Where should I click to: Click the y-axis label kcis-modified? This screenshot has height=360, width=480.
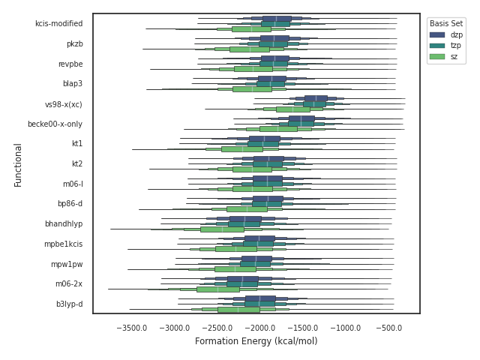(58, 23)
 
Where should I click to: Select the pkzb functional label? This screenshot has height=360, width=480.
(74, 43)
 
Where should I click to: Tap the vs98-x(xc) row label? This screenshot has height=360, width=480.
(64, 103)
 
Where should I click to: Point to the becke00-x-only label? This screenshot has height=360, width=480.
(55, 124)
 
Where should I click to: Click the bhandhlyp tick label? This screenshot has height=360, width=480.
(63, 223)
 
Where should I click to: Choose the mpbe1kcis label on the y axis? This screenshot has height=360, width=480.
(63, 244)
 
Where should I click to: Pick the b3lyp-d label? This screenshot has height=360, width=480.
(69, 304)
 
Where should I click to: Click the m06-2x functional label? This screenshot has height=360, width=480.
(69, 283)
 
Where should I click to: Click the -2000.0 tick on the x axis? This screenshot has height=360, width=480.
(262, 328)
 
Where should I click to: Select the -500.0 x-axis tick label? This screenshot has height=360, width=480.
(391, 328)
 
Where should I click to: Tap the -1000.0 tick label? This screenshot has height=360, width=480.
(348, 328)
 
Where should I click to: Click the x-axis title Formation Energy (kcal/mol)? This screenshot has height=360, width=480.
(256, 341)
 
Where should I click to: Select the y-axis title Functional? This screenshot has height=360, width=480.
(18, 164)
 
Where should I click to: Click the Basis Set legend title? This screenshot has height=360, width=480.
(445, 23)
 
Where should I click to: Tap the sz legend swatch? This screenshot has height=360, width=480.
(436, 56)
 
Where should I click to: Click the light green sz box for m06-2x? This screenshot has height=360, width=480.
(218, 289)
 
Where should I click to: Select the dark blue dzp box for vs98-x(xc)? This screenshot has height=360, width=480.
(316, 98)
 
